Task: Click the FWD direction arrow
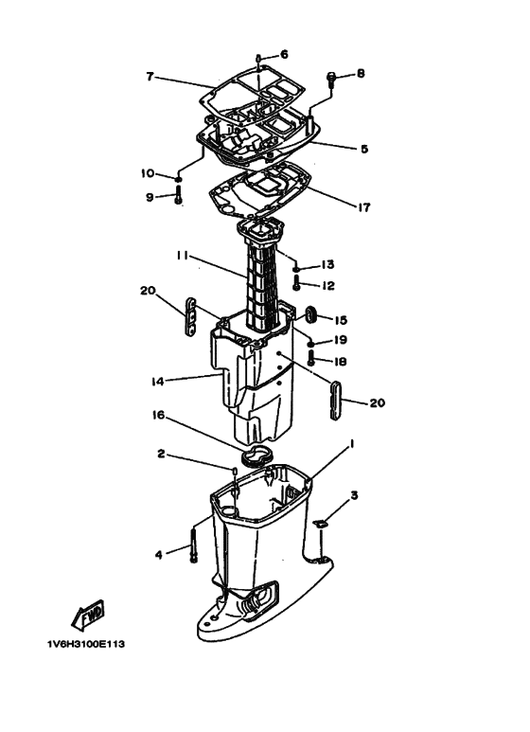(x=89, y=613)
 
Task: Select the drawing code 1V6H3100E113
(x=86, y=644)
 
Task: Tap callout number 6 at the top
(x=284, y=55)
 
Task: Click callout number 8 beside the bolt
(x=361, y=74)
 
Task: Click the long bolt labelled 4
(x=193, y=544)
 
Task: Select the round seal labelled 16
(x=257, y=455)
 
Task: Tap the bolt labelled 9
(x=178, y=194)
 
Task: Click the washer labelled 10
(x=178, y=179)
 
